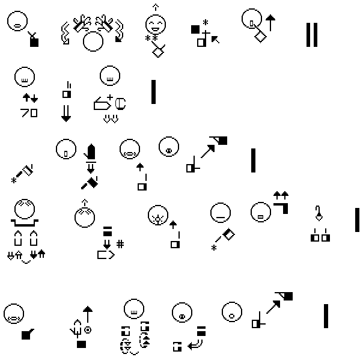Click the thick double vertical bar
(x=311, y=35)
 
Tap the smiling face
(x=156, y=25)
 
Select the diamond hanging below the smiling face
(x=158, y=52)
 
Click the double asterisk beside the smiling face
(x=151, y=39)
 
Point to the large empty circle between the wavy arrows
(x=93, y=41)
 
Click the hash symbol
(x=120, y=243)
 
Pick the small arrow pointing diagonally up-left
(x=215, y=40)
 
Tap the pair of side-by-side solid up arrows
(x=281, y=194)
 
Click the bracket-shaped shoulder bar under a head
(x=25, y=222)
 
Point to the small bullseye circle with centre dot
(x=88, y=329)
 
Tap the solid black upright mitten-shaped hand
(x=91, y=151)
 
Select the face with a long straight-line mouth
(x=221, y=214)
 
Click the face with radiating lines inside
(x=157, y=213)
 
